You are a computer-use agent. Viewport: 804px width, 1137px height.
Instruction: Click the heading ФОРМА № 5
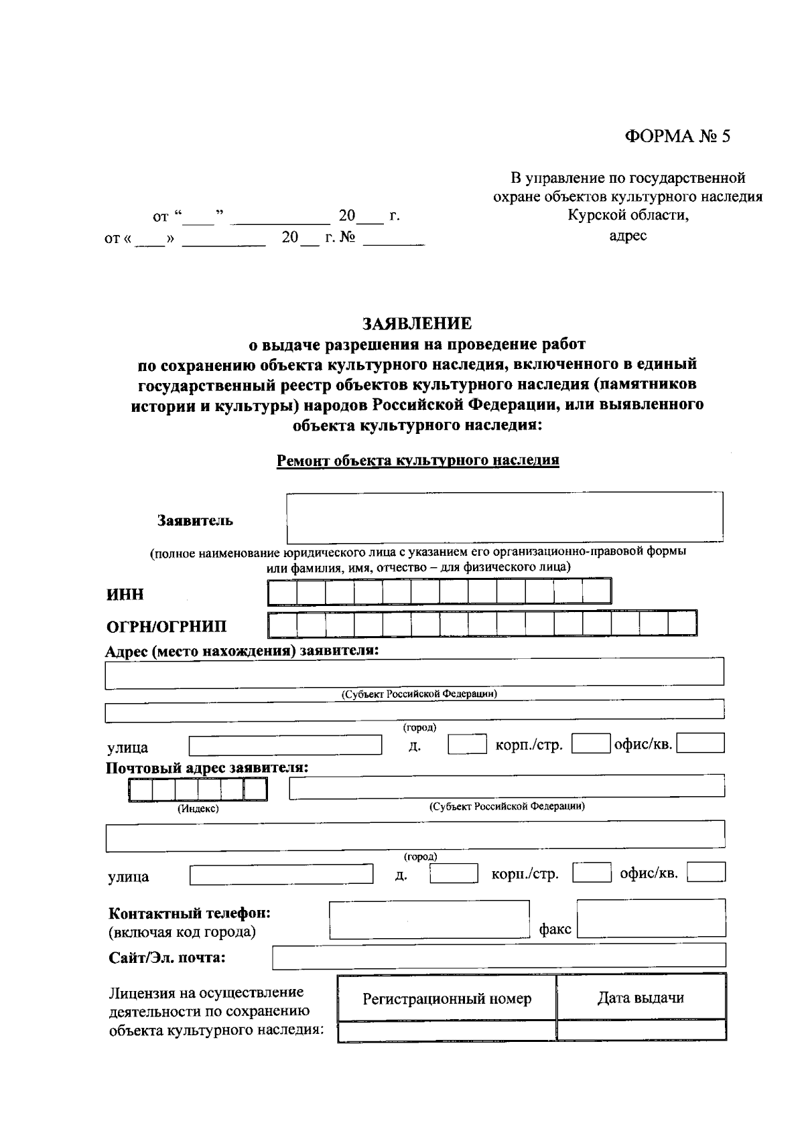pos(677,137)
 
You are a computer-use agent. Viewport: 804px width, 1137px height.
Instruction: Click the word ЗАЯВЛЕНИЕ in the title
pos(417,323)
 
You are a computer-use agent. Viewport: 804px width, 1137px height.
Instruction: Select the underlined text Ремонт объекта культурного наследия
pos(417,461)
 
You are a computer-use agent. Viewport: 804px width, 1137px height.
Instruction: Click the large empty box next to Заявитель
pos(505,518)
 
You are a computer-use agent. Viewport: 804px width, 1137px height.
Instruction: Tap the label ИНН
pos(125,595)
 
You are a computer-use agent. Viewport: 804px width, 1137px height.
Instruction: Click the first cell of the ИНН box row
pos(282,591)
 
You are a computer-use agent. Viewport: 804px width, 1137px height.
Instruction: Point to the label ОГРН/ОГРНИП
pos(167,626)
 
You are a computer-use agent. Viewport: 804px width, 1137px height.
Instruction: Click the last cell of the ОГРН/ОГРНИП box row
pos(682,623)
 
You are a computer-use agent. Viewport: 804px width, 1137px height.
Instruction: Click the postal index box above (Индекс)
pos(198,791)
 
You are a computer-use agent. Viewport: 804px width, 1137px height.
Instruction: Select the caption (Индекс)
pos(198,809)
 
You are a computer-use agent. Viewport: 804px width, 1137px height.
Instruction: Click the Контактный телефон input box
pos(429,919)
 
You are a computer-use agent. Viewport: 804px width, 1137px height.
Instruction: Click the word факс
pos(555,929)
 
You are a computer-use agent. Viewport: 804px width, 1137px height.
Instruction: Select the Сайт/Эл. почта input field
pos(498,956)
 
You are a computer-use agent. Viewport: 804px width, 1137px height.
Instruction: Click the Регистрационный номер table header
pos(447,999)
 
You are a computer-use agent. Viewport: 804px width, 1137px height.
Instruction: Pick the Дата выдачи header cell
pos(641,998)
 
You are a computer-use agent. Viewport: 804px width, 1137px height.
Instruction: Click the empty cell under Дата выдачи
pos(641,1030)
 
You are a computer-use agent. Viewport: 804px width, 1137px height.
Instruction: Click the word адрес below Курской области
pos(628,236)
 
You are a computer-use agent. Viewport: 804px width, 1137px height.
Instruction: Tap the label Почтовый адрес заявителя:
pos(207,767)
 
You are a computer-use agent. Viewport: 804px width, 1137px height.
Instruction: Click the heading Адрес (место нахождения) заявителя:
pos(243,651)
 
